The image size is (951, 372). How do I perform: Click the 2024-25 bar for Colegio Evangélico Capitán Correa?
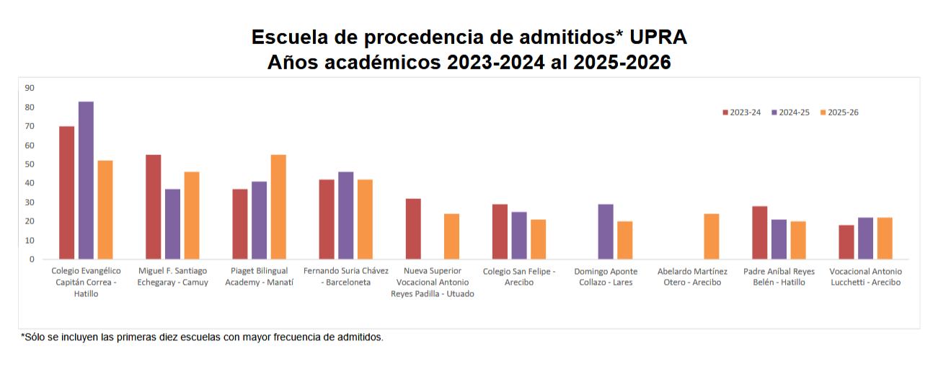(86, 180)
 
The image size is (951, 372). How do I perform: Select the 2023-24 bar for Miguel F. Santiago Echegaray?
(153, 207)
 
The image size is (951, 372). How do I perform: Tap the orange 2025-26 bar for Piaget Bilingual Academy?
(278, 207)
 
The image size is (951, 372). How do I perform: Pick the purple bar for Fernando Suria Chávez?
(345, 216)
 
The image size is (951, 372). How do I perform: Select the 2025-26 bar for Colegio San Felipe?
(538, 239)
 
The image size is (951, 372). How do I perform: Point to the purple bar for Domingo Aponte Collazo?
(606, 231)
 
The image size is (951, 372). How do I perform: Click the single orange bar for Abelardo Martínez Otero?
(711, 236)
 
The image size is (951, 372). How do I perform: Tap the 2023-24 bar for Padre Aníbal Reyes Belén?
(759, 232)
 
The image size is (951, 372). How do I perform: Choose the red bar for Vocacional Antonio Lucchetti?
(846, 242)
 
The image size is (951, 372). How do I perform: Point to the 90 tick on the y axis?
(30, 88)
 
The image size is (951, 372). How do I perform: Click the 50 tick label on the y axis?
(30, 164)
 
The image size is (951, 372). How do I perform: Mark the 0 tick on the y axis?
(32, 259)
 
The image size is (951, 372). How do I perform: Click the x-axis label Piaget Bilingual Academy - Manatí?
(259, 277)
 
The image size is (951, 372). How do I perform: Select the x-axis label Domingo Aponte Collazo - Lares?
(606, 277)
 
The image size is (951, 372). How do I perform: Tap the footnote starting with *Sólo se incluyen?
(202, 337)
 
